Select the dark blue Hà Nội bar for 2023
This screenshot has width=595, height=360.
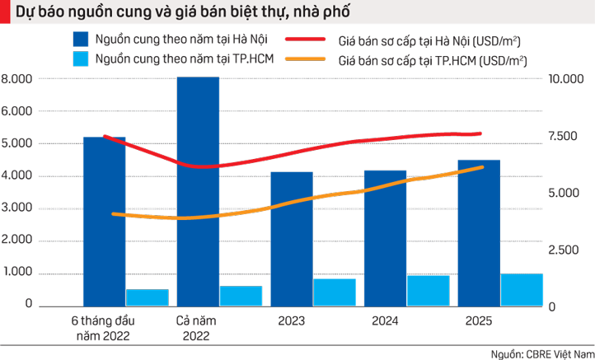coord(291,239)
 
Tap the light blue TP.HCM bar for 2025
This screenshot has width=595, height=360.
coord(522,290)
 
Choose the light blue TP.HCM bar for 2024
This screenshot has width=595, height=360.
coord(429,290)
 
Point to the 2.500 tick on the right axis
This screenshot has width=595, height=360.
coord(565,249)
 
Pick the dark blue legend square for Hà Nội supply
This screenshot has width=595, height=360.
coord(80,40)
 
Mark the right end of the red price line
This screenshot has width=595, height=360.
coord(480,133)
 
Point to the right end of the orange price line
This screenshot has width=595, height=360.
coord(482,167)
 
